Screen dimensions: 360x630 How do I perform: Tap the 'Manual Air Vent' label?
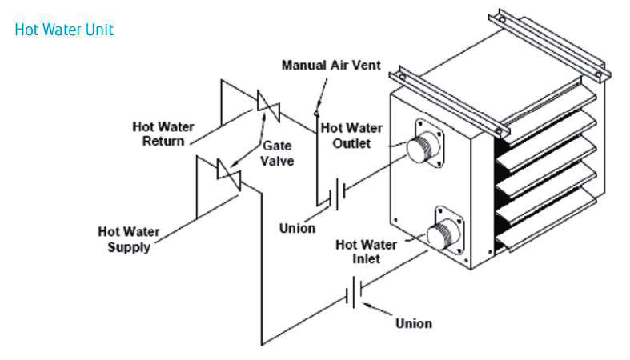[331, 65]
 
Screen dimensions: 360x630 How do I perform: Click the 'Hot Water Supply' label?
[128, 239]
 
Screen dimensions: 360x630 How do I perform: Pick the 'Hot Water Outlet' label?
[352, 135]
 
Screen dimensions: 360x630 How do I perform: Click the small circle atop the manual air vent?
[317, 107]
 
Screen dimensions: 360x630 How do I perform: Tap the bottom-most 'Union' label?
[413, 323]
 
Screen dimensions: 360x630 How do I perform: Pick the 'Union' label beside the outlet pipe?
[297, 228]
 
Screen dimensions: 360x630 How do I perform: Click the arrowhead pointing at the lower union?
[365, 304]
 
